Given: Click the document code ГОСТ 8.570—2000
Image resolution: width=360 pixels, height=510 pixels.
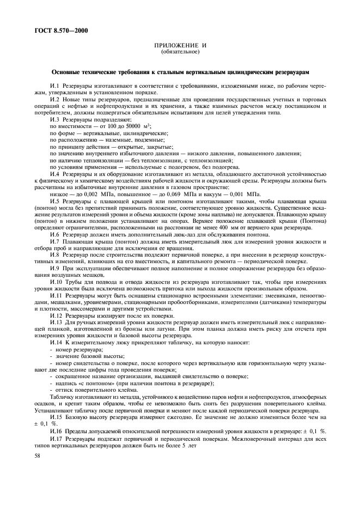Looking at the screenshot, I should coord(56,31).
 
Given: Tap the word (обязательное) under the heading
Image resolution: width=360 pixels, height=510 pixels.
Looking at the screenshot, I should coord(180,52).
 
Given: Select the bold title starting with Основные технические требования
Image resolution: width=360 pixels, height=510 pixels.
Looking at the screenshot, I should coord(180,72).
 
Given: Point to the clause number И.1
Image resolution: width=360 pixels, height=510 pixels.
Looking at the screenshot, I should coord(54,86).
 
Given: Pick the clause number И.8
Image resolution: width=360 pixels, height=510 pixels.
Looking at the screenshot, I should coord(54,254).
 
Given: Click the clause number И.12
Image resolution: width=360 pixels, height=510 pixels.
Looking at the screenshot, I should coord(56,315).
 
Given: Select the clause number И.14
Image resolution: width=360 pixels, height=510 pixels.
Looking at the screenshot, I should coord(56,342).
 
